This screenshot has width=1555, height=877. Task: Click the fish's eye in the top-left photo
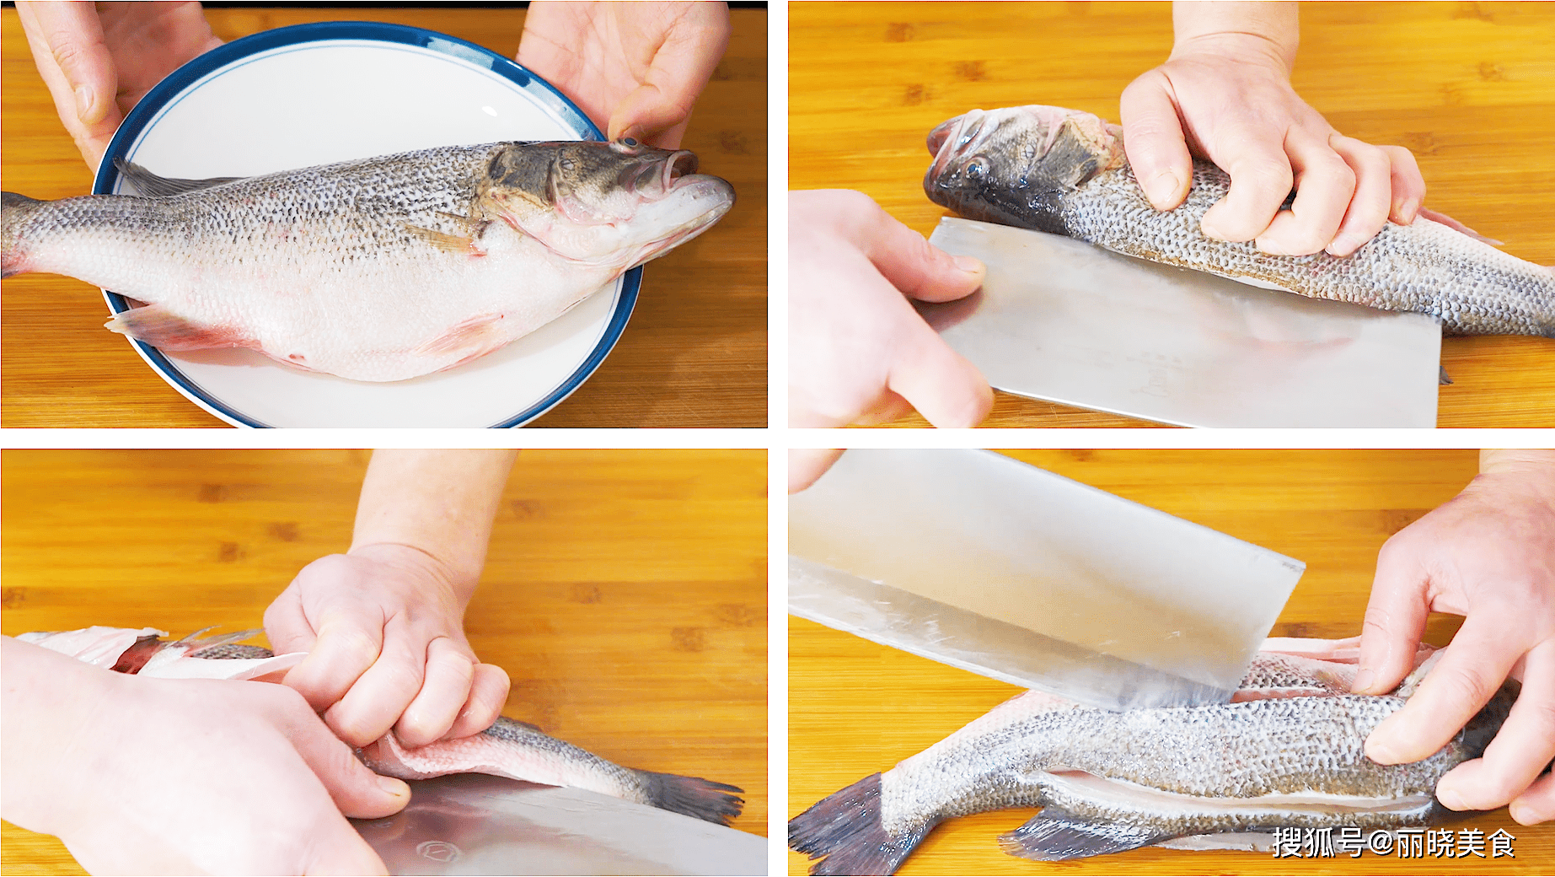tap(626, 145)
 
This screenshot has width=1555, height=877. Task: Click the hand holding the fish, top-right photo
tap(1264, 160)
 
